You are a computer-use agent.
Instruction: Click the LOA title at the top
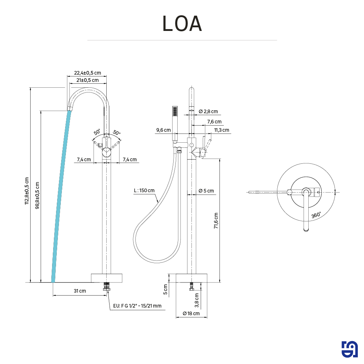[x=182, y=24]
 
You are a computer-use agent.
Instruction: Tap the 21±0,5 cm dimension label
[x=87, y=80]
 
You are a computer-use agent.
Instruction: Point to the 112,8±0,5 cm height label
[x=27, y=191]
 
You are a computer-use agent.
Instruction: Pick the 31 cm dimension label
[x=80, y=291]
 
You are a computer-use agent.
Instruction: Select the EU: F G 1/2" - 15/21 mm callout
[x=137, y=306]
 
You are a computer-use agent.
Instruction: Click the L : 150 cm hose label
[x=144, y=190]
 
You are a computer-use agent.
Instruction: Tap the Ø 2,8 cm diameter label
[x=208, y=111]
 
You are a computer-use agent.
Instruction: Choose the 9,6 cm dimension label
[x=163, y=130]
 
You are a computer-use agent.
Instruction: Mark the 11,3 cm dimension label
[x=221, y=130]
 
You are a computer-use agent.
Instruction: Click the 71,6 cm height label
[x=216, y=221]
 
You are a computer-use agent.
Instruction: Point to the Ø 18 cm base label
[x=191, y=313]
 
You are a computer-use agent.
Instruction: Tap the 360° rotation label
[x=316, y=215]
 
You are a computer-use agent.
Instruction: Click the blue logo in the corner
[x=349, y=349]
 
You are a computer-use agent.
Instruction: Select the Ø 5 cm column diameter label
[x=206, y=191]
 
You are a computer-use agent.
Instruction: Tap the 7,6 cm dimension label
[x=214, y=122]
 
